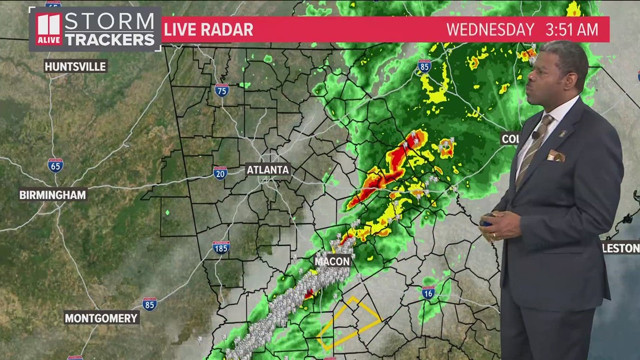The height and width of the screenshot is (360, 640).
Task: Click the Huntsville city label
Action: pos(75,66)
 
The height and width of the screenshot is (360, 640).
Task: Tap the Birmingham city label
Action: pos(52,195)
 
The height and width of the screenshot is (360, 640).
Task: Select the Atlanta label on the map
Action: pos(268,169)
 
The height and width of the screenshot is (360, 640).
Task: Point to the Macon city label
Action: pos(332,261)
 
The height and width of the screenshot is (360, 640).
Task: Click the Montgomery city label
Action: pos(101,318)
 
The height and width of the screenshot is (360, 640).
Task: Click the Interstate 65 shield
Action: pos(55,165)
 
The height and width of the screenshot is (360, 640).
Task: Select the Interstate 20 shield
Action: pos(220,172)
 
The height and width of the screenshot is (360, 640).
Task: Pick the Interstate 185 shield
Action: pos(221,247)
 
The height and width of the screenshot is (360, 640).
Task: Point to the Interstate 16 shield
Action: pos(428,292)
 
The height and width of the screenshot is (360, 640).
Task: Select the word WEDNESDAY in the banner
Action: pos(490,29)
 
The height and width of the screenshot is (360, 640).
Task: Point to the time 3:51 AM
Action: pos(572,29)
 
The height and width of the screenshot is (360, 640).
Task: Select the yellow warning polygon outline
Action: pos(349,323)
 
